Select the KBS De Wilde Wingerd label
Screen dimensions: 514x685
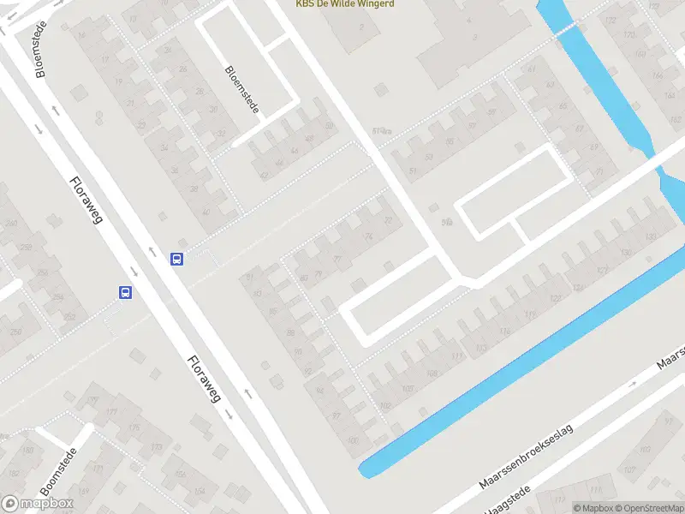pos(345,4)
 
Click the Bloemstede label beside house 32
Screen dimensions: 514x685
pos(241,91)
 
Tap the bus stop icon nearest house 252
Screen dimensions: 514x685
pos(125,292)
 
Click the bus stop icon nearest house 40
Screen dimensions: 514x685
pos(176,259)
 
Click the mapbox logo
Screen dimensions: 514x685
pos(38,504)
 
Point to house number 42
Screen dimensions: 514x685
pos(264,175)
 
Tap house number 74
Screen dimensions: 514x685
pos(369,236)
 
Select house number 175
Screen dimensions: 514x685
pos(133,427)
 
